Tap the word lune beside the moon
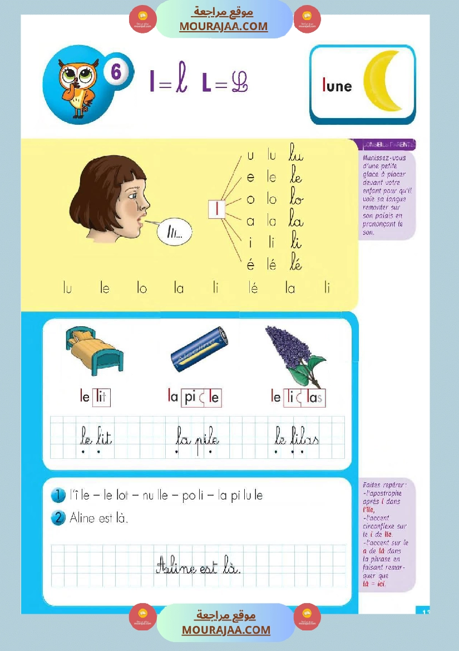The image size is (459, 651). pyautogui.click(x=337, y=86)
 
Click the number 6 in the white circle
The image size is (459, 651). pyautogui.click(x=116, y=72)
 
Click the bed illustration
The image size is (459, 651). pyautogui.click(x=93, y=352)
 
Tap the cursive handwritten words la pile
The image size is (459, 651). pyautogui.click(x=197, y=438)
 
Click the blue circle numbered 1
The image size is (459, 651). pyautogui.click(x=58, y=495)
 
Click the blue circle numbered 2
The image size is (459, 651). pyautogui.click(x=58, y=518)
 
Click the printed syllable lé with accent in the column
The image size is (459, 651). pyautogui.click(x=272, y=265)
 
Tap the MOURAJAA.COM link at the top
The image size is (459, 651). pyautogui.click(x=223, y=26)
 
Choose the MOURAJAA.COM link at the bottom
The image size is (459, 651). pyautogui.click(x=226, y=630)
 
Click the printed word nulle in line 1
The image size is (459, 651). pyautogui.click(x=157, y=495)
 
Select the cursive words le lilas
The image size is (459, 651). pyautogui.click(x=297, y=438)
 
